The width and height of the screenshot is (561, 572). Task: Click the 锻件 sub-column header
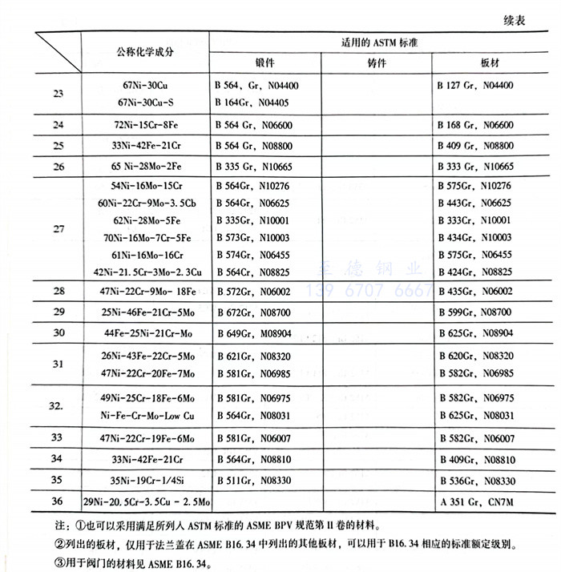[265, 63]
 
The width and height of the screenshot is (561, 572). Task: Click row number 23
[59, 94]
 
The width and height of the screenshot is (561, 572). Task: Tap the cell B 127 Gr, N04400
[475, 85]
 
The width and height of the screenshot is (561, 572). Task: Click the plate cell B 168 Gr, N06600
[475, 125]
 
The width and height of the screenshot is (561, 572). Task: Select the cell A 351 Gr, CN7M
[474, 502]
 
